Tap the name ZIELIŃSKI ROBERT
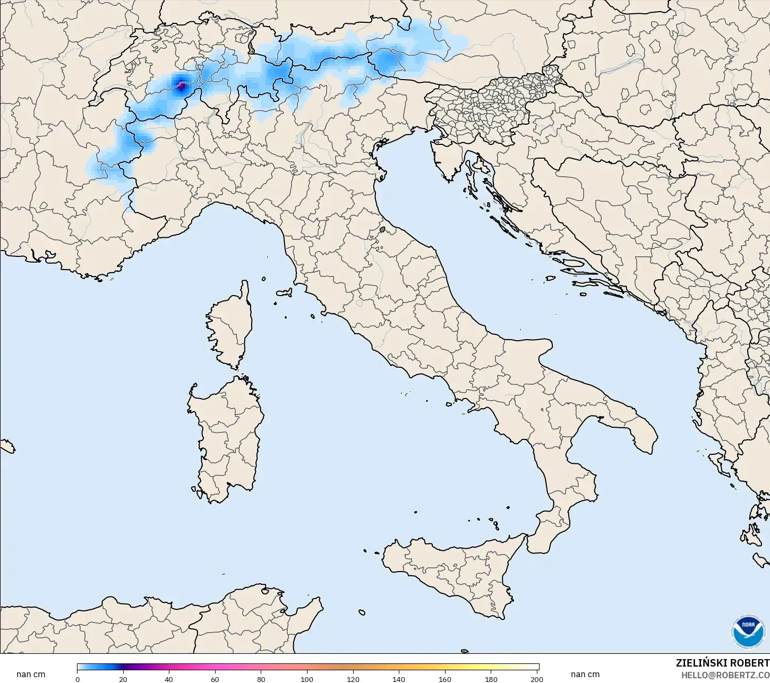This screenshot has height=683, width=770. (x=722, y=663)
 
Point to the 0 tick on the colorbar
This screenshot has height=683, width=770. (x=78, y=679)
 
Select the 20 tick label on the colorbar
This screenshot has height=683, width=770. (x=123, y=679)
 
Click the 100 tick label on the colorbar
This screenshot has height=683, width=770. (x=307, y=679)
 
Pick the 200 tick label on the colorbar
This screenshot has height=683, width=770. (x=536, y=679)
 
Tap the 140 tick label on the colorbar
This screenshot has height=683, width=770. (x=399, y=679)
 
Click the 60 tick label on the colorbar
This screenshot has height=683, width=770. (x=215, y=679)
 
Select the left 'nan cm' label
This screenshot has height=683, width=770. (x=31, y=675)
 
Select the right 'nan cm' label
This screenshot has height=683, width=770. (x=585, y=675)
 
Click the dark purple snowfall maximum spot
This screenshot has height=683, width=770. (x=181, y=84)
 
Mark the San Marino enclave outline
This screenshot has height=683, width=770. (x=382, y=230)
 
